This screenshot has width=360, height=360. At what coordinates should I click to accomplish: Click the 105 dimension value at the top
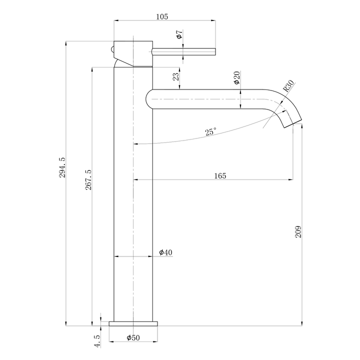[x=161, y=16]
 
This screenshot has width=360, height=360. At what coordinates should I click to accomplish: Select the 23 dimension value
[x=175, y=77]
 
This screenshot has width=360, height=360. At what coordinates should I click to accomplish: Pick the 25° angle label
[x=211, y=132]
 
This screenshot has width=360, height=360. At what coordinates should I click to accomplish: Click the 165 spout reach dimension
[x=220, y=175]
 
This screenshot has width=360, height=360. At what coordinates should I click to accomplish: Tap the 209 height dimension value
[x=298, y=231]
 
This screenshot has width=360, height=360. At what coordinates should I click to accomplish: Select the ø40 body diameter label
[x=165, y=252]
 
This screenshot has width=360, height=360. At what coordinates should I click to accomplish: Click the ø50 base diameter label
[x=132, y=338]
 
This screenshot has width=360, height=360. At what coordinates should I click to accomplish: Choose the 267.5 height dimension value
[x=88, y=182]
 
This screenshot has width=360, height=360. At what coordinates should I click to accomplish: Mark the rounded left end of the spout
[x=148, y=98]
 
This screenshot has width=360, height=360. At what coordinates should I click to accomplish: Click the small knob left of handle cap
[x=113, y=50]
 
